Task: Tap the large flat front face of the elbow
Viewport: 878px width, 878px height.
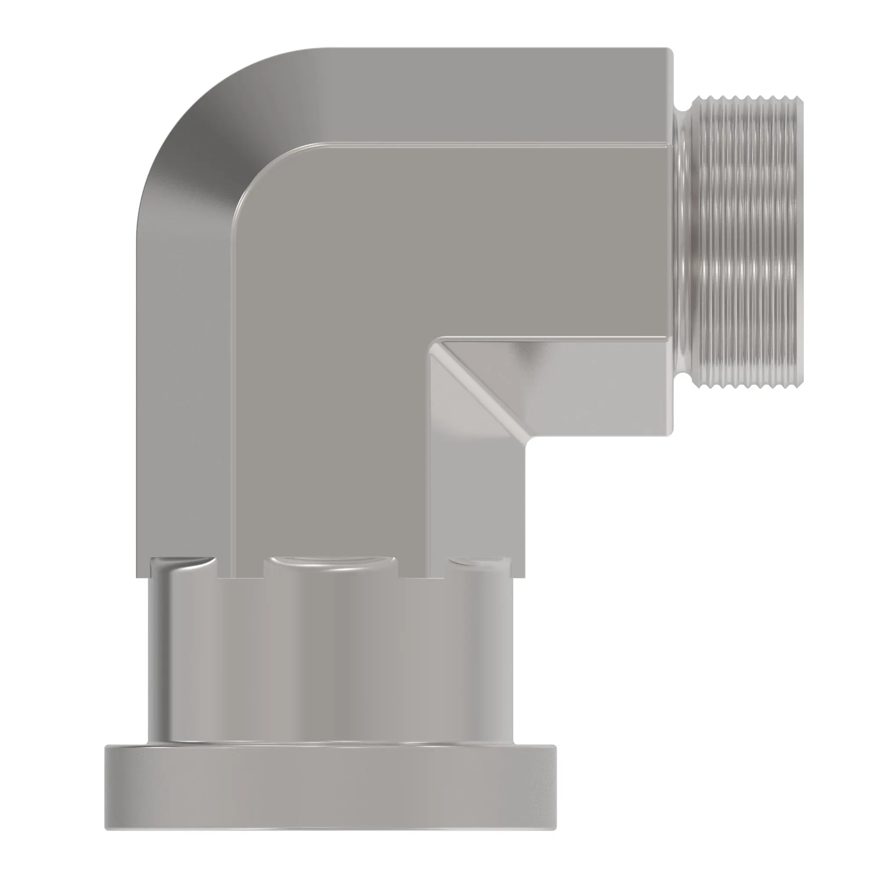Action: (363, 318)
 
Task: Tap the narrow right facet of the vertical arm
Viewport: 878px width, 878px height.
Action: (477, 500)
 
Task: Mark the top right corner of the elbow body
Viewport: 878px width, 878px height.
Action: (671, 50)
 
